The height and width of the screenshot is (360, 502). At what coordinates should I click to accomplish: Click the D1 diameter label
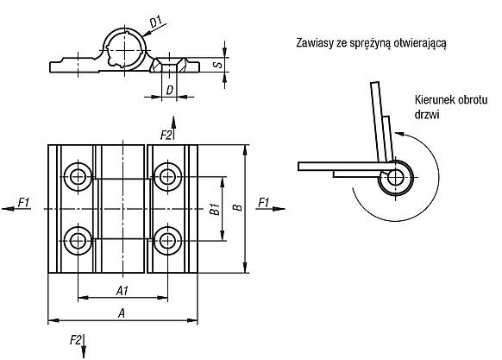(x=156, y=22)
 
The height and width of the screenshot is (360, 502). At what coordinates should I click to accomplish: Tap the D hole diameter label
(x=169, y=90)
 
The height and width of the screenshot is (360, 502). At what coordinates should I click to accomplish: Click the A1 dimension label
(x=122, y=291)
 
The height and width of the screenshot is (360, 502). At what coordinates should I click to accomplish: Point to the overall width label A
(x=122, y=313)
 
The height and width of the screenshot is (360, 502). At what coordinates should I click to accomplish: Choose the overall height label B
(x=237, y=207)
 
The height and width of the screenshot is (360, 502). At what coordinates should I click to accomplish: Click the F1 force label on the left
(x=23, y=203)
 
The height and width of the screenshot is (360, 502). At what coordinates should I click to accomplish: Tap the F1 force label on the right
(x=263, y=203)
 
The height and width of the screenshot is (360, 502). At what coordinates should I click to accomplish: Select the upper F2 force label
(x=166, y=136)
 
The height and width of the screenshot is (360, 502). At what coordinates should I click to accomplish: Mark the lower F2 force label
(x=76, y=340)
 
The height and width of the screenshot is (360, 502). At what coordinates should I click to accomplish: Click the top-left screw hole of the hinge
(x=78, y=177)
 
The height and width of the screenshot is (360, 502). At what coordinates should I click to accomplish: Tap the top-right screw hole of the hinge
(x=167, y=177)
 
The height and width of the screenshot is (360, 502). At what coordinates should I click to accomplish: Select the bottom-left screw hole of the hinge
(x=78, y=241)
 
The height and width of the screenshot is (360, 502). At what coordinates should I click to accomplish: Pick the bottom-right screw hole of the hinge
(x=167, y=241)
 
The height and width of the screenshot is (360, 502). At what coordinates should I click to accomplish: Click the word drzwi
(x=427, y=115)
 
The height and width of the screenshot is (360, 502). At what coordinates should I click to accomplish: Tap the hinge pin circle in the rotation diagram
(x=396, y=178)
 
